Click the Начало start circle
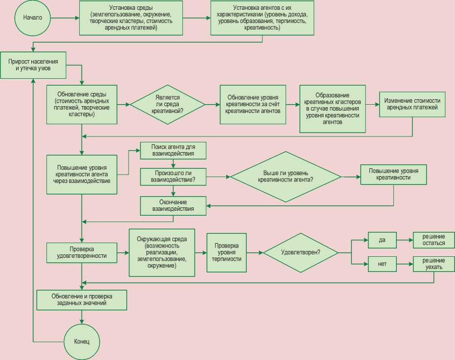click(33, 18)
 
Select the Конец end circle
click(82, 341)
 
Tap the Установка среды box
click(130, 18)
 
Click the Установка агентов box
click(262, 18)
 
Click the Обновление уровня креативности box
click(253, 104)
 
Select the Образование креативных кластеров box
click(332, 109)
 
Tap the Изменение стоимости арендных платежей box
click(412, 104)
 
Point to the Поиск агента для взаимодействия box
click(173, 150)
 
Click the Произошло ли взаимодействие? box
click(173, 176)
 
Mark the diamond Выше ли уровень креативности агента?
click(286, 176)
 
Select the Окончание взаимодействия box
click(173, 205)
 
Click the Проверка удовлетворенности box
click(82, 252)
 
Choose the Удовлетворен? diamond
click(301, 252)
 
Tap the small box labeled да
click(382, 240)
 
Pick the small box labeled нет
click(382, 264)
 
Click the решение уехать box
click(430, 264)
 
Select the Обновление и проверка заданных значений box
click(82, 299)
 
